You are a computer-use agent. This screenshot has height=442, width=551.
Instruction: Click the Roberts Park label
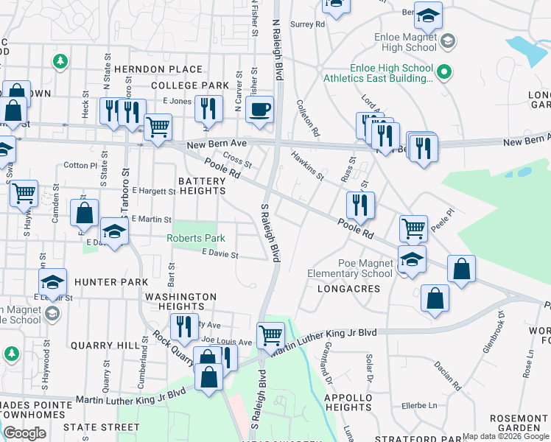pyautogui.click(x=195, y=238)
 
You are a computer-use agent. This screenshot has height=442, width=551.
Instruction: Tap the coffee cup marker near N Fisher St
pyautogui.click(x=259, y=110)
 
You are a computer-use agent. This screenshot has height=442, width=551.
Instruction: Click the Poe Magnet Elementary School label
pyautogui.click(x=365, y=268)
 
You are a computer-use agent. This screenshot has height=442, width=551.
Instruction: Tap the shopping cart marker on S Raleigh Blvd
pyautogui.click(x=271, y=336)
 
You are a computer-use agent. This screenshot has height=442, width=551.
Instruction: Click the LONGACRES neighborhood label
pyautogui.click(x=348, y=289)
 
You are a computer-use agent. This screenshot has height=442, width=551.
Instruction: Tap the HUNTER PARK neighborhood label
pyautogui.click(x=111, y=281)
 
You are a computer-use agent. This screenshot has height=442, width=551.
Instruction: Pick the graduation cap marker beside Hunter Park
pyautogui.click(x=52, y=282)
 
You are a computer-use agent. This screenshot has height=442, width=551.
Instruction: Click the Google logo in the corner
pyautogui.click(x=24, y=433)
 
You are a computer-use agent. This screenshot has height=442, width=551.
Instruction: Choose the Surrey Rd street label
pyautogui.click(x=308, y=24)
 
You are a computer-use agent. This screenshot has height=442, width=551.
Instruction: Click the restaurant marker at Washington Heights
pyautogui.click(x=184, y=326)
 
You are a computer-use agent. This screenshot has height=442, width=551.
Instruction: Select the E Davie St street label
pyautogui.click(x=220, y=255)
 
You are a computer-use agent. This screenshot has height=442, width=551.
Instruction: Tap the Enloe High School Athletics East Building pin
pyautogui.click(x=443, y=72)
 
